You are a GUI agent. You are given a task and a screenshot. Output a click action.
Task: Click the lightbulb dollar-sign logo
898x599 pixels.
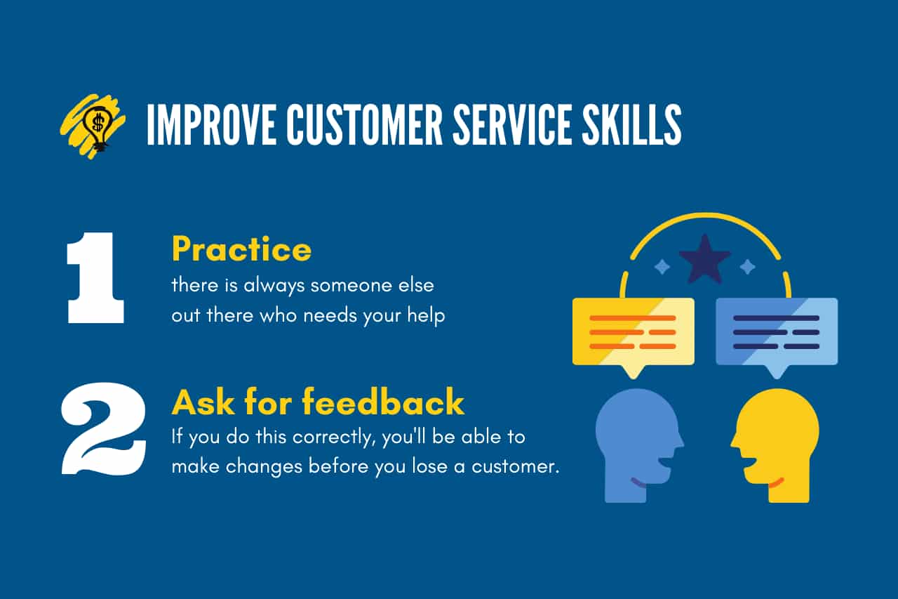pyautogui.click(x=93, y=126)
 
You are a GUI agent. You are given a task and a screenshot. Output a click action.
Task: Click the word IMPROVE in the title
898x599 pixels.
pyautogui.click(x=211, y=124)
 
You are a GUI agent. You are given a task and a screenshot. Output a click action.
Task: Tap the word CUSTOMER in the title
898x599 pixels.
pyautogui.click(x=364, y=124)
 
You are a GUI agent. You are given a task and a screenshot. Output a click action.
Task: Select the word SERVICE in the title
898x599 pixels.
pyautogui.click(x=512, y=124)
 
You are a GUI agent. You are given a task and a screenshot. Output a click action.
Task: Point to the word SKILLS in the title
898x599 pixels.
pyautogui.click(x=632, y=124)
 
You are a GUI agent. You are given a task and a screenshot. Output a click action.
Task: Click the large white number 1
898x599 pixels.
pyautogui.click(x=95, y=277)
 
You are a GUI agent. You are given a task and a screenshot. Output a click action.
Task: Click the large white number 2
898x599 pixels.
pyautogui.click(x=104, y=428)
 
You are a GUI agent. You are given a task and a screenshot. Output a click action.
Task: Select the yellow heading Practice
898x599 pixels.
pyautogui.click(x=241, y=249)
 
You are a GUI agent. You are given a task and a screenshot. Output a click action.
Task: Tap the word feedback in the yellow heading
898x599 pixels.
pyautogui.click(x=383, y=401)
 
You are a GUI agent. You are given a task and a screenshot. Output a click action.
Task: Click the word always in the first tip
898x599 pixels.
pyautogui.click(x=274, y=287)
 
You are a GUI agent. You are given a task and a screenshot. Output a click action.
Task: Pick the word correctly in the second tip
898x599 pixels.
pyautogui.click(x=335, y=437)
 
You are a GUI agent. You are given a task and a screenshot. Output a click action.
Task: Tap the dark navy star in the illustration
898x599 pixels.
pyautogui.click(x=705, y=259)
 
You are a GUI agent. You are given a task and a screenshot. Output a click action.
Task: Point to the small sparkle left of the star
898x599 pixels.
pyautogui.click(x=662, y=267)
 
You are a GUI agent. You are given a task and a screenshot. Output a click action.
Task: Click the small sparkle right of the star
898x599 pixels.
pyautogui.click(x=747, y=267)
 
